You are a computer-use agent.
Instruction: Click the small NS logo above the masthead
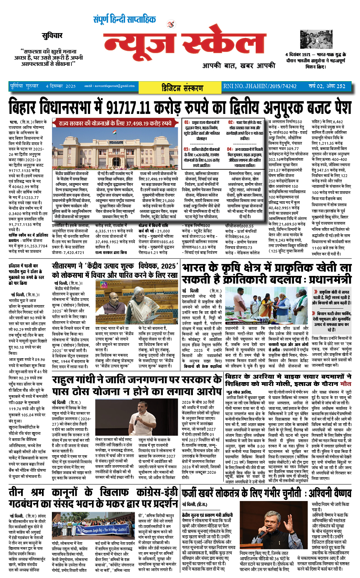(171, 24)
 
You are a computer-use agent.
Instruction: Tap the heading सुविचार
(52, 35)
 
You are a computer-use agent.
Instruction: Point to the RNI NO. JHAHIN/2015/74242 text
(260, 86)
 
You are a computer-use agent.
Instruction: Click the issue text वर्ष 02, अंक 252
(327, 86)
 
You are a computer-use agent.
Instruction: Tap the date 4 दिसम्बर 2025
(60, 86)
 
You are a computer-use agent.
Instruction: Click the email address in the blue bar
(109, 86)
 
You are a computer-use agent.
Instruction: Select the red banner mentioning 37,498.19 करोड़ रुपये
(115, 123)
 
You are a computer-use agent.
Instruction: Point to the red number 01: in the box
(187, 123)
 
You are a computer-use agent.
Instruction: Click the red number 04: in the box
(229, 149)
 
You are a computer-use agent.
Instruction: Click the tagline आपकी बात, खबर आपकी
(239, 66)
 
